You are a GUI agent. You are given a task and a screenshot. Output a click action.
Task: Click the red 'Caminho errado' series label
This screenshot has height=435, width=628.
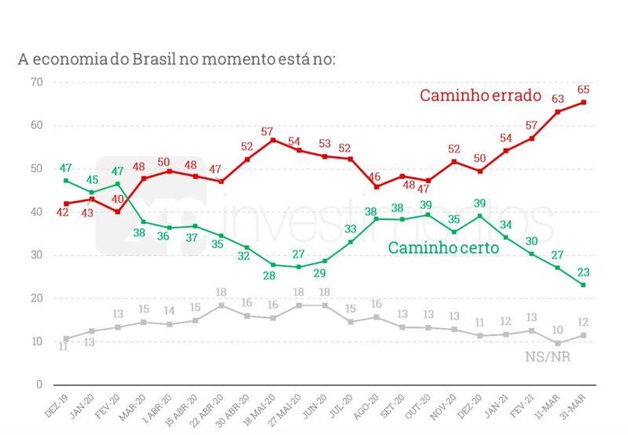click(x=480, y=96)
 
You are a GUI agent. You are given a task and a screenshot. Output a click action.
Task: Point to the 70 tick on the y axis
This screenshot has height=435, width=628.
click(x=36, y=82)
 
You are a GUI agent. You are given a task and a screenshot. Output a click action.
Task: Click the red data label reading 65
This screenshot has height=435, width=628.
click(x=582, y=90)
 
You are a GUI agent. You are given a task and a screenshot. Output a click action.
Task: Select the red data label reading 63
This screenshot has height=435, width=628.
click(x=557, y=99)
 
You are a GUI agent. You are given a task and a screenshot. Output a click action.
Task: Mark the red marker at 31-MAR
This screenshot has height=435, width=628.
click(x=583, y=103)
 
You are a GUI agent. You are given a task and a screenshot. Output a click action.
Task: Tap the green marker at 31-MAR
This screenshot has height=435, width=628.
click(x=583, y=285)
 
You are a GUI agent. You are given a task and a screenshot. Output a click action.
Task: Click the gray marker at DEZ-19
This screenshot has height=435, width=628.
click(x=66, y=339)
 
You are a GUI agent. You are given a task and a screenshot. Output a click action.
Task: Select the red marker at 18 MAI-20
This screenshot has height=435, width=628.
click(x=273, y=140)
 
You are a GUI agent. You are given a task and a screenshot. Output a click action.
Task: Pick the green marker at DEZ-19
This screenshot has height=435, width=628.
click(x=66, y=181)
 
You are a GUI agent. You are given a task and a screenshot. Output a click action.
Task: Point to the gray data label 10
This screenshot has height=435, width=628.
click(x=557, y=330)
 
